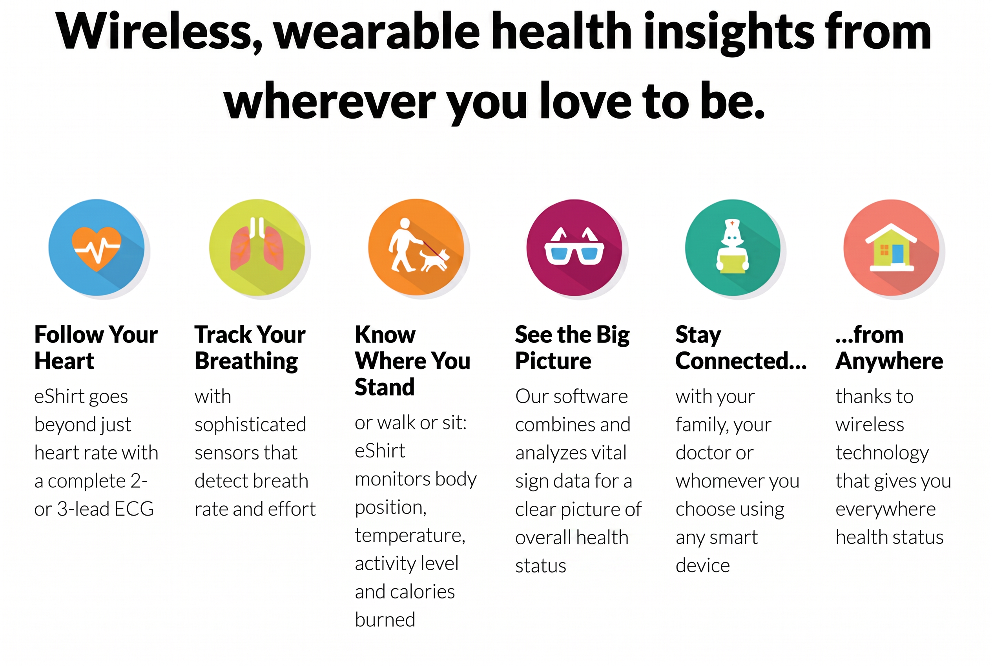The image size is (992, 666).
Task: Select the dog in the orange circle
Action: coord(434,260)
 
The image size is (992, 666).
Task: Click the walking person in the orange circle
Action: coord(404,245)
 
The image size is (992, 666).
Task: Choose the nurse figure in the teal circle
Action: coord(732,245)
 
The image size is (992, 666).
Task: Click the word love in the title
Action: coord(586,102)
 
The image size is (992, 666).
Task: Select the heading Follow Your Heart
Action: coord(96,348)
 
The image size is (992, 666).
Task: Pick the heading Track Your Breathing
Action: coord(250,348)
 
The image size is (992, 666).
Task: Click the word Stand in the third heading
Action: coord(385,387)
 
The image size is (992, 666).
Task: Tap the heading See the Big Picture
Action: coord(572,348)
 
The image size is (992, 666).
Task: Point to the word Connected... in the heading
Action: coord(741,361)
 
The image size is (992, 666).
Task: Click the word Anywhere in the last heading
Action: coord(889,361)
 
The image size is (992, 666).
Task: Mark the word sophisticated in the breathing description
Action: coord(250,425)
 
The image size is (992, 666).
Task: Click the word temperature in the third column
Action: coord(410,536)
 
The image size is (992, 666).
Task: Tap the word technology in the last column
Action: coord(882,453)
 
